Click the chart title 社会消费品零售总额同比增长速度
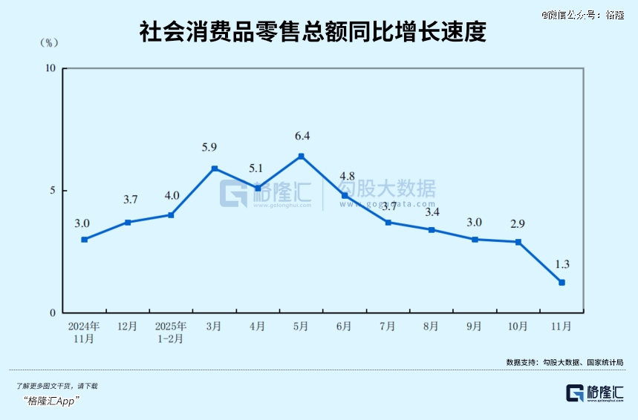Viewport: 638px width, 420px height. coord(313,33)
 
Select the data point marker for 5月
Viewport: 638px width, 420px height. coord(301,156)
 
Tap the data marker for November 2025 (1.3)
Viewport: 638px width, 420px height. coord(561,282)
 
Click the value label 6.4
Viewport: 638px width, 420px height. coord(302,136)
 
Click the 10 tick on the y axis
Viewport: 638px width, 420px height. coord(51,69)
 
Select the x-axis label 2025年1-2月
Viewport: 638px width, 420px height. coord(171,332)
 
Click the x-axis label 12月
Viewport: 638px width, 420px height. coord(128,327)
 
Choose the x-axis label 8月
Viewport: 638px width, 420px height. coord(431,327)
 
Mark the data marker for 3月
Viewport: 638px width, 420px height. coord(215,168)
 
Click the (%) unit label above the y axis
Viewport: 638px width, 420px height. coord(48,43)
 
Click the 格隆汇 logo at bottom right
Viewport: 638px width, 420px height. coord(595,393)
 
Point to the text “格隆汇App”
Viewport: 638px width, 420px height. coord(52,401)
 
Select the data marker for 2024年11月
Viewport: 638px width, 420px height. coord(85,239)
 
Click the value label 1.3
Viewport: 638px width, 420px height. coord(561,264)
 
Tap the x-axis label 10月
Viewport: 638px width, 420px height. coord(518,327)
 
